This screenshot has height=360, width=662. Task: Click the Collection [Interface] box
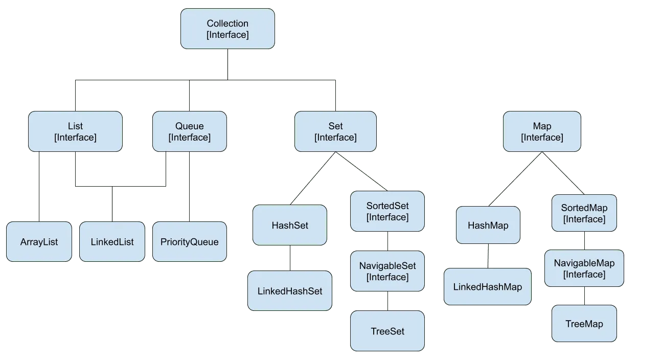227,29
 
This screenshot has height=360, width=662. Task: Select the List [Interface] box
75,131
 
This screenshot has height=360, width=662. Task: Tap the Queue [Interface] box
190,131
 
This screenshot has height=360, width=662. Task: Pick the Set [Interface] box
335,131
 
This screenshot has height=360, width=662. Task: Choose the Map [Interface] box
542,131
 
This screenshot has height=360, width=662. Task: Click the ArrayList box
39,242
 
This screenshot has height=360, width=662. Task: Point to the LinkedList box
112,242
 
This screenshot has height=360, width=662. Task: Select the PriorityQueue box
190,242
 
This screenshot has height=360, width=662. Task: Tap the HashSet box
290,225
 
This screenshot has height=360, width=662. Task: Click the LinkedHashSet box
290,291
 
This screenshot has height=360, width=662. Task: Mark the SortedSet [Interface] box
387,211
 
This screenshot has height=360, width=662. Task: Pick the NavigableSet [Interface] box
387,272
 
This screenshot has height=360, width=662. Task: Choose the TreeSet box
387,331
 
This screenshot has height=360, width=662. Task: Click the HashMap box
488,225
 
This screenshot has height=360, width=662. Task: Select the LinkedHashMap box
488,287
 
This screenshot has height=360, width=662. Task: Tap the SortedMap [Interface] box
584,213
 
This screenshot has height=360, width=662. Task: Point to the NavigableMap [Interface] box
584,268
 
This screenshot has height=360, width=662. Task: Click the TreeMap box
584,324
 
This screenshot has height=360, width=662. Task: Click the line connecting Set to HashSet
313,178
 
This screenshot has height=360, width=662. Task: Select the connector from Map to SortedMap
563,173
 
